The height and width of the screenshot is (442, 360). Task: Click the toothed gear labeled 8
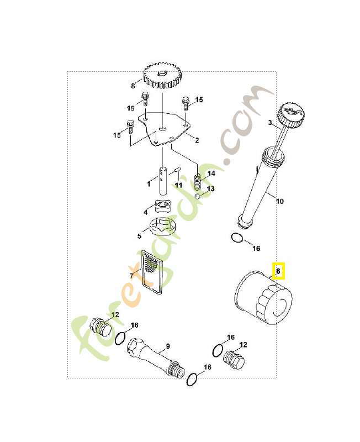tap(163, 76)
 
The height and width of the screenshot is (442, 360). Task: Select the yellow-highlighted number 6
tap(278, 271)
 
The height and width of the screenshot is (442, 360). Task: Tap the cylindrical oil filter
tap(263, 298)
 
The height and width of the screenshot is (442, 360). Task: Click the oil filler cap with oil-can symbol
tap(292, 115)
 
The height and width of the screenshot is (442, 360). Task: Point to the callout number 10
tap(280, 201)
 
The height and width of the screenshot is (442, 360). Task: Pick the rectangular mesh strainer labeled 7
tap(152, 272)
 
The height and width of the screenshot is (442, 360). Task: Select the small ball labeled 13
tap(198, 196)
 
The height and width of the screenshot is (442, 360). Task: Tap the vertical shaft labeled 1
tap(163, 181)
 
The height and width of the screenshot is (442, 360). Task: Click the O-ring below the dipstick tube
tap(237, 238)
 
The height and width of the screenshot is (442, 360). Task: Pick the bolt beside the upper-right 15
tap(186, 103)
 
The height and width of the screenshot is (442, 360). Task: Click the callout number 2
tap(197, 140)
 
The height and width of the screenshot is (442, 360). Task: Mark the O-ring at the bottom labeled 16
tap(192, 380)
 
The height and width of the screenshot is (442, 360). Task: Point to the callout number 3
tap(270, 123)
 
